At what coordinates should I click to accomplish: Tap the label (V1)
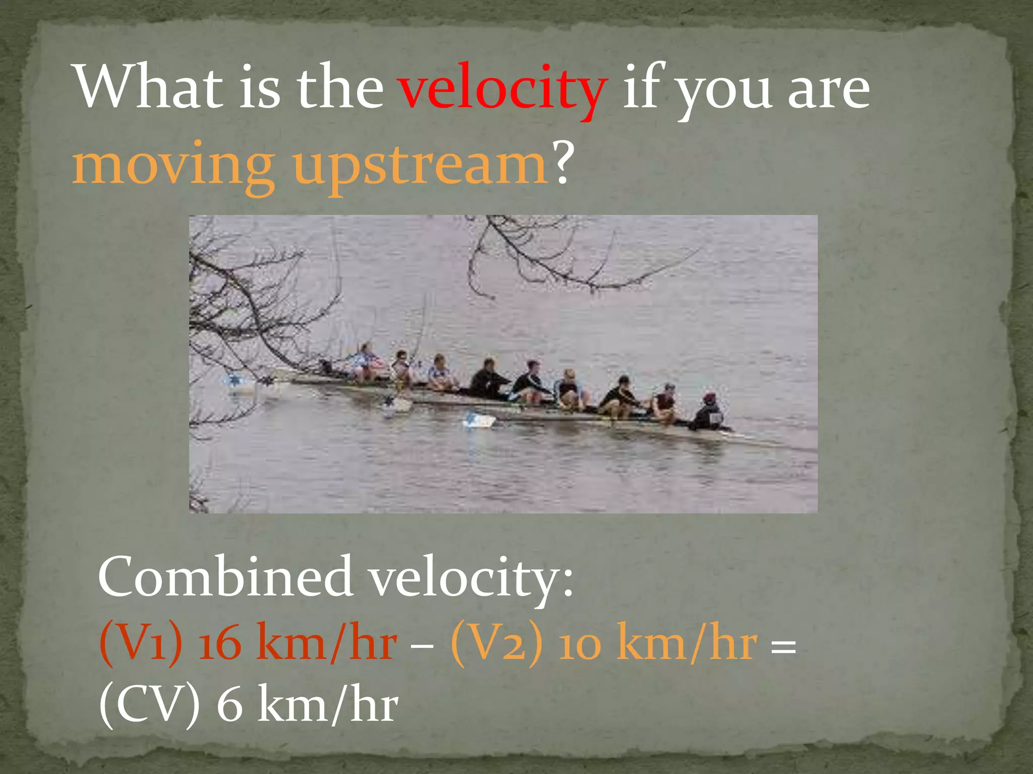tap(141, 643)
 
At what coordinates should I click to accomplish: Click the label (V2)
tap(496, 643)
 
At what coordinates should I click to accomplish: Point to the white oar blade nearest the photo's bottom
tap(478, 420)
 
